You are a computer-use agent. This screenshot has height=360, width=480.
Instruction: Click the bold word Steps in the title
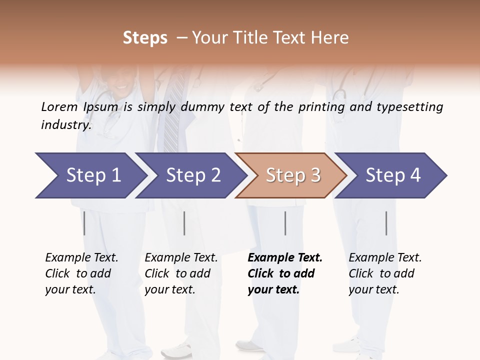pos(145,38)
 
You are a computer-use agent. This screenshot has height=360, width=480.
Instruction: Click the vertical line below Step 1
pos(84,223)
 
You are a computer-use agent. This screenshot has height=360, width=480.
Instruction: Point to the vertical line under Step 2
pos(184,223)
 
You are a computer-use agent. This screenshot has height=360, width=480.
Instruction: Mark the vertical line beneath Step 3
pos(285,223)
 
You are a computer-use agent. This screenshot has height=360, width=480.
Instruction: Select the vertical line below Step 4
pos(386,223)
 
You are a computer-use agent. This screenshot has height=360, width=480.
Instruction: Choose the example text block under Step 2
pos(181,273)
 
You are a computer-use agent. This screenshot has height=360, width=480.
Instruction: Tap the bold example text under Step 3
pos(285,273)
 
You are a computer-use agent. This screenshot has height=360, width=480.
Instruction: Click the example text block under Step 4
pos(385,273)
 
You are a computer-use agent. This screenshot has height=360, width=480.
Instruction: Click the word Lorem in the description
pos(59,106)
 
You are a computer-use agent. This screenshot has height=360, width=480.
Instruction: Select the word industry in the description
pos(66,124)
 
